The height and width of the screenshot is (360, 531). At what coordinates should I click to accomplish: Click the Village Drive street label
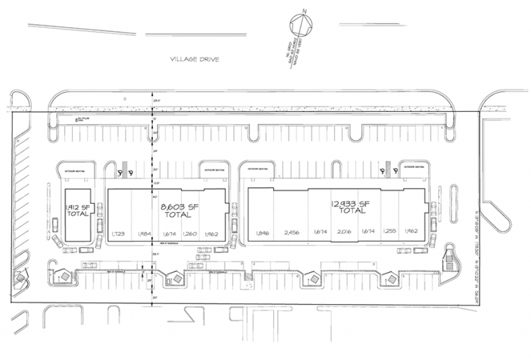click(x=194, y=60)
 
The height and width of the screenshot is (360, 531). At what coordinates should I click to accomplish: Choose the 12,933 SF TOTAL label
click(x=351, y=207)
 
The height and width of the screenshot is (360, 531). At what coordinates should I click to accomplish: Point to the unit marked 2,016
click(x=343, y=233)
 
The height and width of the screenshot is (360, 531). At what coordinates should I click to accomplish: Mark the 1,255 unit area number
click(x=391, y=233)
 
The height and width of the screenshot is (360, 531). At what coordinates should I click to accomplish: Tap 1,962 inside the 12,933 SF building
click(x=413, y=233)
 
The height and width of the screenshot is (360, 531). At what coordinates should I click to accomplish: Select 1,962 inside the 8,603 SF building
click(x=212, y=234)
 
